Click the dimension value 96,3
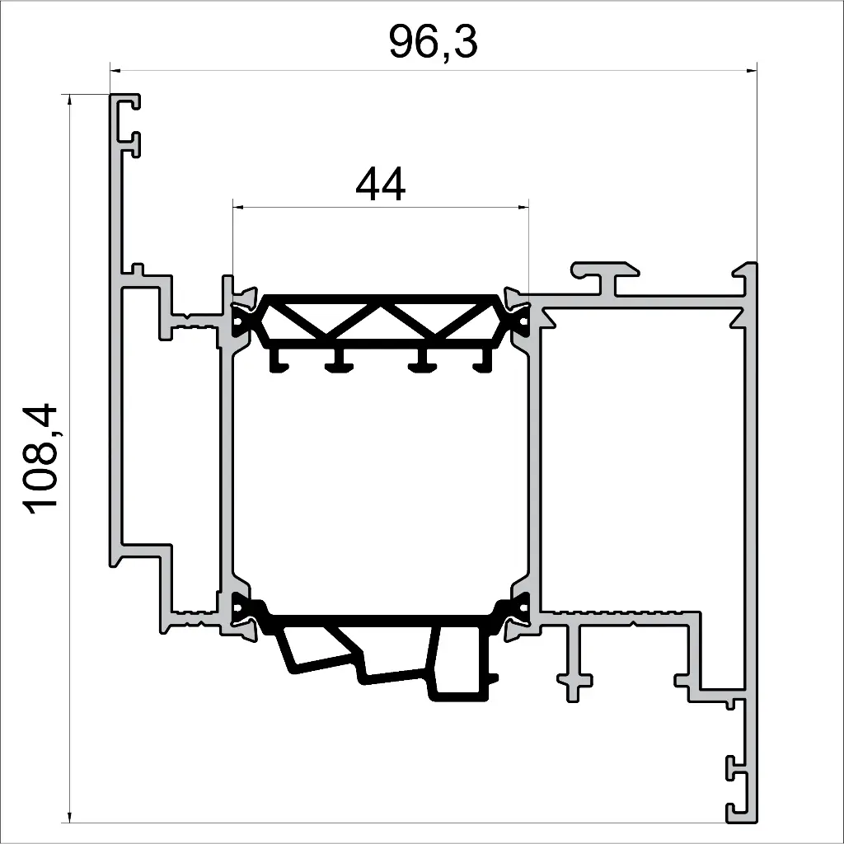pyautogui.click(x=433, y=43)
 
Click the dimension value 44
pyautogui.click(x=380, y=185)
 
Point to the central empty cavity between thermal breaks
pyautogui.click(x=380, y=478)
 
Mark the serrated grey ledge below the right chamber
pyautogui.click(x=618, y=615)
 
